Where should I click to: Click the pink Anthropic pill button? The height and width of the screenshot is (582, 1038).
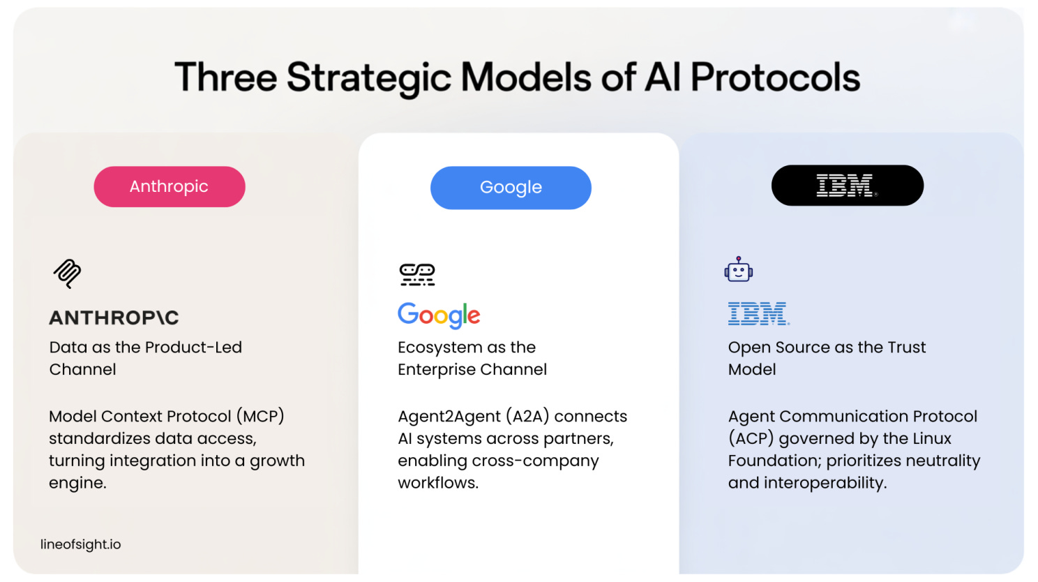point(170,186)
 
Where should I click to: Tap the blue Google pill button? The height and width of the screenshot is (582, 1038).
point(511,187)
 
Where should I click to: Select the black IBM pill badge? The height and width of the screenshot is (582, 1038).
point(847,186)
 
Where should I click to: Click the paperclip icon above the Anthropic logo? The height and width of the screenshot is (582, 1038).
point(68,273)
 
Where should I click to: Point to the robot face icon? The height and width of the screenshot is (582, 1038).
point(738,270)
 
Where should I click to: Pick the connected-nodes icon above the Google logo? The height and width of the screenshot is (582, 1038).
point(417,274)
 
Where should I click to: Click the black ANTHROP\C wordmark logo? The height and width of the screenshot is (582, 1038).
point(114,318)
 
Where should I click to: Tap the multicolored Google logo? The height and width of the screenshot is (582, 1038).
point(439,315)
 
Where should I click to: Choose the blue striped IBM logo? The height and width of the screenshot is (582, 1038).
point(758,314)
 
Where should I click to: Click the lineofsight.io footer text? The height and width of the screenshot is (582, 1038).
point(81,544)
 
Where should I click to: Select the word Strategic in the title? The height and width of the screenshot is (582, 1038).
point(369,77)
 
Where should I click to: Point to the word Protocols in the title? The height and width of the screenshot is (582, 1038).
point(775,77)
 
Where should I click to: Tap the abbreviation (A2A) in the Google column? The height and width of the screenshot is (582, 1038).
point(527,417)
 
